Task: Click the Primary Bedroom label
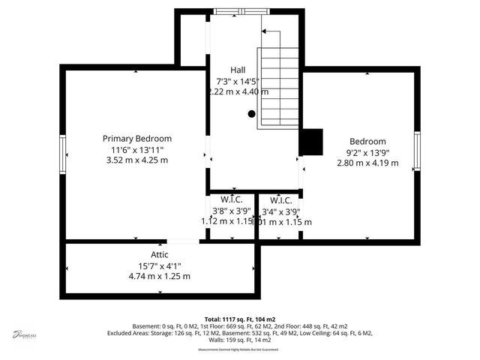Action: click(137, 139)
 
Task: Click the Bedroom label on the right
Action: click(367, 141)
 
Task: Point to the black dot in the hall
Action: click(252, 114)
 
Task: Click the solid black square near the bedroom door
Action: click(311, 142)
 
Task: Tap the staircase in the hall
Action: click(279, 79)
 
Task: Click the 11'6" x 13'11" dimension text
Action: click(137, 149)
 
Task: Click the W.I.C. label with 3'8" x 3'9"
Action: click(232, 200)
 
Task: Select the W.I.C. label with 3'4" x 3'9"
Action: click(280, 200)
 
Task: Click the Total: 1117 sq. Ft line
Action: click(239, 319)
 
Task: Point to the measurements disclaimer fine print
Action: click(238, 350)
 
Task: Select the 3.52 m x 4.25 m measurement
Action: click(137, 160)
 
